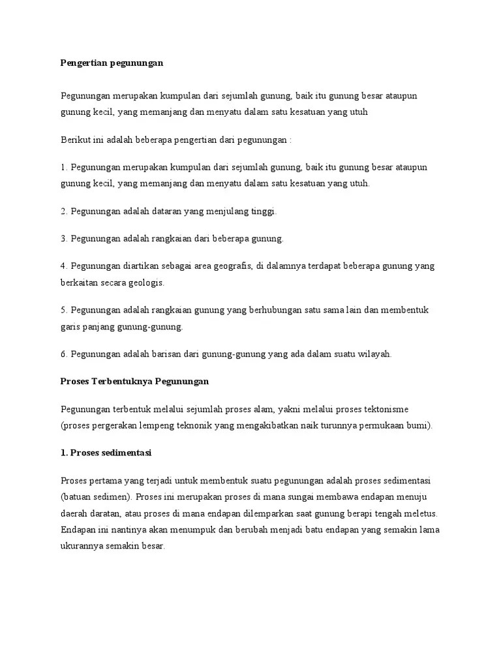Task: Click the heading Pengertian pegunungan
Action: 111,63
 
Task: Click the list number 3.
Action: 63,239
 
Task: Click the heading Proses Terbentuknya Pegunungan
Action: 134,381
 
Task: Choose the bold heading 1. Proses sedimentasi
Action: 106,453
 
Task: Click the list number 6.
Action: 63,354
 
